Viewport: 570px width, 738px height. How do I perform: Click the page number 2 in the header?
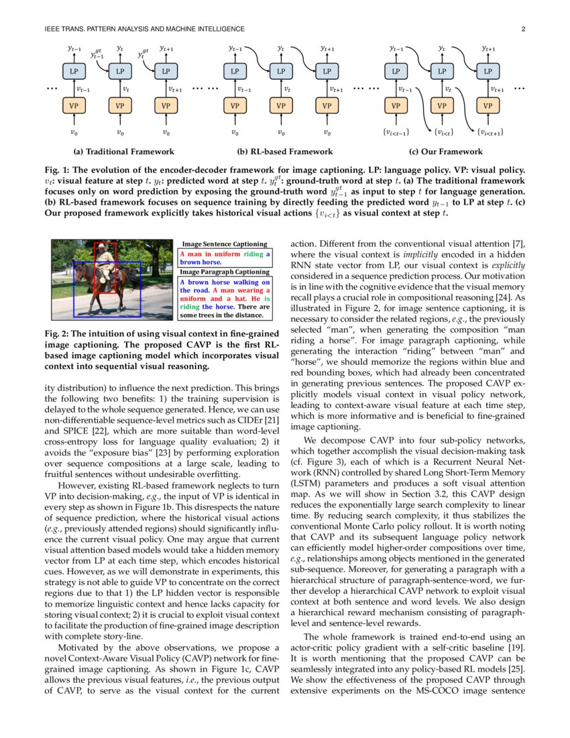pyautogui.click(x=523, y=29)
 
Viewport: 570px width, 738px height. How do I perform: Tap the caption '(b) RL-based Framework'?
pyautogui.click(x=280, y=152)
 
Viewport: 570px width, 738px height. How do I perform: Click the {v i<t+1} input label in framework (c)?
pyautogui.click(x=490, y=132)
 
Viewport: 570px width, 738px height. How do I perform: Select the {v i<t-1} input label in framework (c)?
pyautogui.click(x=395, y=132)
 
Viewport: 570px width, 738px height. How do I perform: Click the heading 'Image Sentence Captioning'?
pyautogui.click(x=225, y=245)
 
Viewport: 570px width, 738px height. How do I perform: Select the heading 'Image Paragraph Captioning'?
pyautogui.click(x=225, y=272)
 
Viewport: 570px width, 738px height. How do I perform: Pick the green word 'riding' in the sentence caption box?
pyautogui.click(x=253, y=255)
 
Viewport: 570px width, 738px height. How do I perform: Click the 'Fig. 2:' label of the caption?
pyautogui.click(x=58, y=333)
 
